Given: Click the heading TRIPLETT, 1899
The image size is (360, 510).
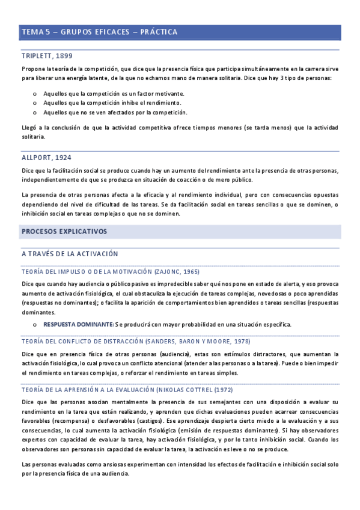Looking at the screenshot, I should [46, 56].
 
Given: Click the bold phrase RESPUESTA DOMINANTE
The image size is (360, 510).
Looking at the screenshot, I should [78, 324].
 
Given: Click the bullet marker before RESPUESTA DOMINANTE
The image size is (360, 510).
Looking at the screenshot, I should [35, 325].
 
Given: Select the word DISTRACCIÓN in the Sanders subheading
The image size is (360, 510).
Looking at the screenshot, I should [117, 341].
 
